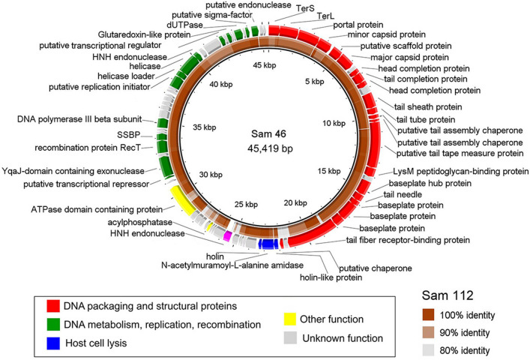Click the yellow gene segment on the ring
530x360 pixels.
tap(184, 200)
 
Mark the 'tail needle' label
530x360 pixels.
tap(383, 194)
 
